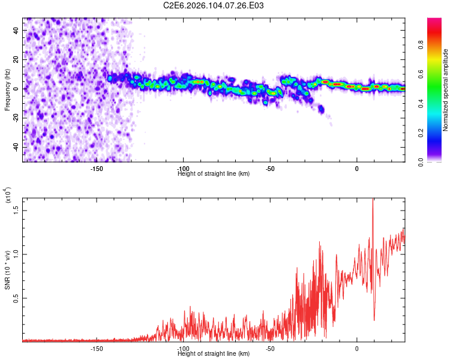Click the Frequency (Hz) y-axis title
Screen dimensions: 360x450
(x=7, y=89)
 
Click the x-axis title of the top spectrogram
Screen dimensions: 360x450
(x=214, y=174)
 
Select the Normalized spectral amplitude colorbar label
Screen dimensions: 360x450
(x=445, y=91)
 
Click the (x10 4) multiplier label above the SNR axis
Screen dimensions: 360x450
(x=7, y=196)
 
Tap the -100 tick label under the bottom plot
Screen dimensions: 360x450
(x=183, y=348)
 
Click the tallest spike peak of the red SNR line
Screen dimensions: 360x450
(x=373, y=200)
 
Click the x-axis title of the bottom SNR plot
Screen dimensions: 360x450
(x=214, y=354)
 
